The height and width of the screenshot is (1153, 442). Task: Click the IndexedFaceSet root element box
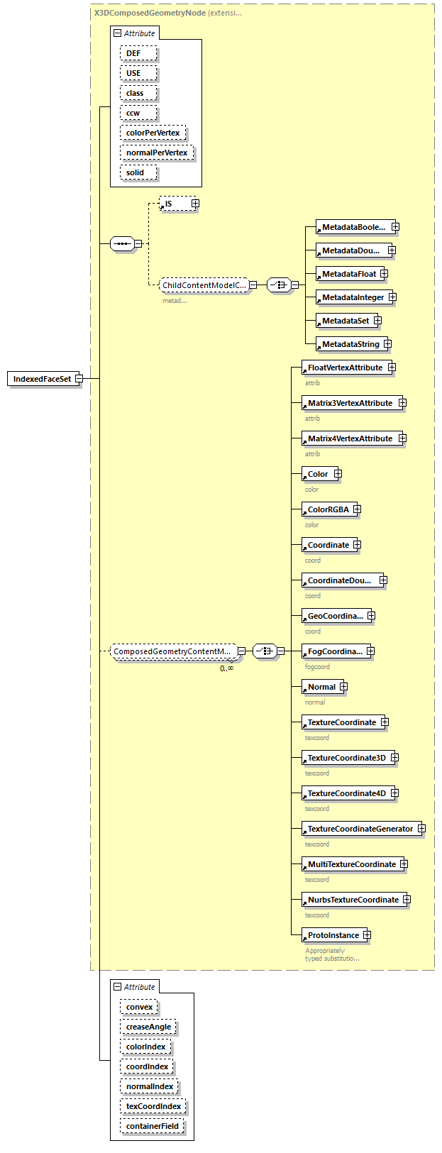(41, 379)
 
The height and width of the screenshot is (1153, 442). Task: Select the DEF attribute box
(138, 54)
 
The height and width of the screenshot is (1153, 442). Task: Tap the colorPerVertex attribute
(153, 133)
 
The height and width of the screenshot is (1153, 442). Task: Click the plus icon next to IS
(195, 204)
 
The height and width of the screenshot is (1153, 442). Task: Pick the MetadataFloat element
(348, 274)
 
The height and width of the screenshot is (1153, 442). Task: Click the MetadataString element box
(350, 345)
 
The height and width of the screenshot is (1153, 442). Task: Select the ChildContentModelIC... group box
(204, 285)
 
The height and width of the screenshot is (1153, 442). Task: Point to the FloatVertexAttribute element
(344, 368)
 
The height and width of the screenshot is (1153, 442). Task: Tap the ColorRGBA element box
(328, 509)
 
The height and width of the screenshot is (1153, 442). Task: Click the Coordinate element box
(328, 545)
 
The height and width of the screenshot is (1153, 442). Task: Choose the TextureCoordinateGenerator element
(360, 829)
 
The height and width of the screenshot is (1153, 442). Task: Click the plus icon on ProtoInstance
(367, 935)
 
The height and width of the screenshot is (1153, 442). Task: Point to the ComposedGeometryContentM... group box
(172, 651)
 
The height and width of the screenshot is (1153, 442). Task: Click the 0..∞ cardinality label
(226, 668)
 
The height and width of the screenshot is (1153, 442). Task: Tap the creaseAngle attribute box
(148, 1027)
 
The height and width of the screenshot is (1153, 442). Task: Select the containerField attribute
(153, 1127)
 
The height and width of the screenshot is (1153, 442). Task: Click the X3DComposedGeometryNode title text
(150, 13)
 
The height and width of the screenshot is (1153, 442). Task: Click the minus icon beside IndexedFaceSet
(79, 379)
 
